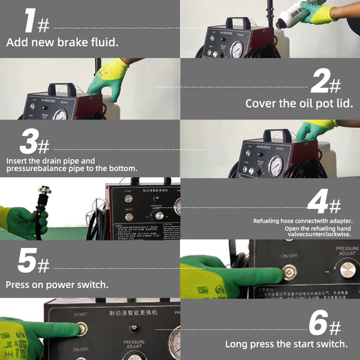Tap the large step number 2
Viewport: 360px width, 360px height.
pyautogui.click(x=320, y=80)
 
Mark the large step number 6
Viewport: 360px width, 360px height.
pyautogui.click(x=319, y=323)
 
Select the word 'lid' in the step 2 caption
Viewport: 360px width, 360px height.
pyautogui.click(x=344, y=103)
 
